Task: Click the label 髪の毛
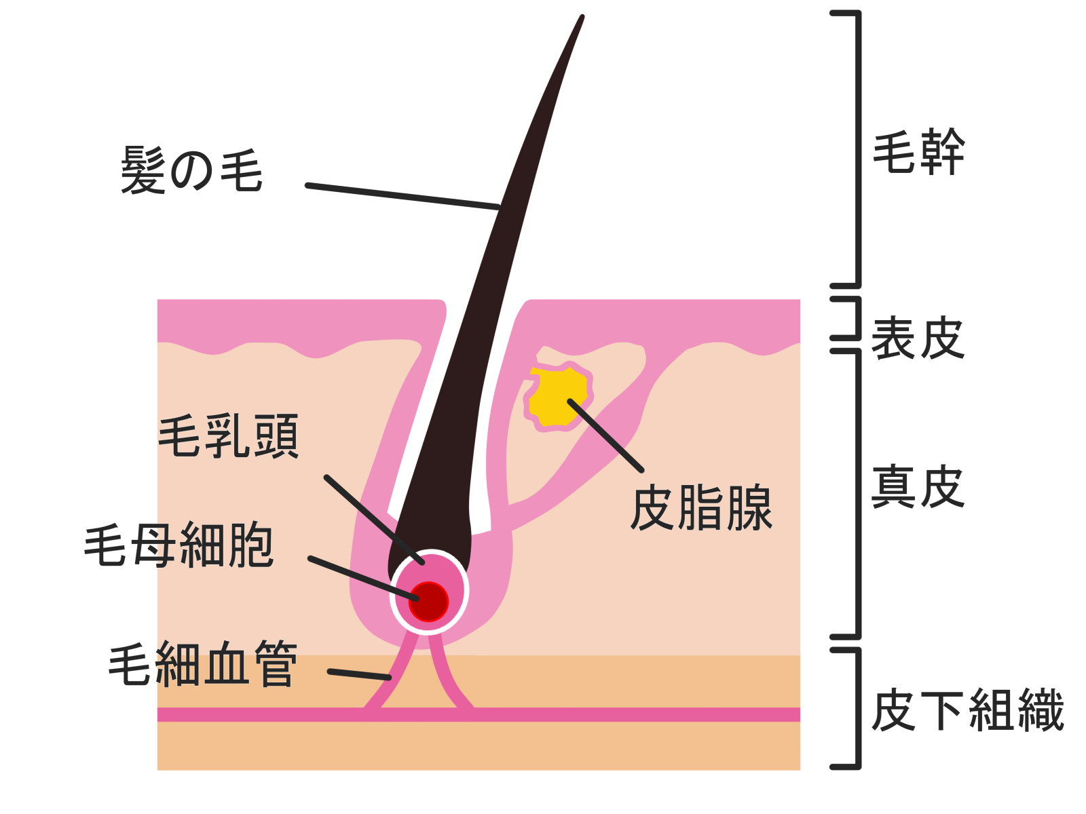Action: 191,170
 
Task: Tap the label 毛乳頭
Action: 229,436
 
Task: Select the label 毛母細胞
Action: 179,545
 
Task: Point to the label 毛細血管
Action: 203,663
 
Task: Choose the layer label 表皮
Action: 918,337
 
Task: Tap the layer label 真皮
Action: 918,486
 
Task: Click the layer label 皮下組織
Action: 968,710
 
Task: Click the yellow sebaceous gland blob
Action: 558,398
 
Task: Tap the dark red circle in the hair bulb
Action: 428,602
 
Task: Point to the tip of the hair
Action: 582,16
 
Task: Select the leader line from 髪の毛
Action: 402,196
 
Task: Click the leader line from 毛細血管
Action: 360,674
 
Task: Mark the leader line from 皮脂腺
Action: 605,435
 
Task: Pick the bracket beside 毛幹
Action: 846,149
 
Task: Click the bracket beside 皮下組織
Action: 846,708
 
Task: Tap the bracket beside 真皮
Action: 846,494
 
